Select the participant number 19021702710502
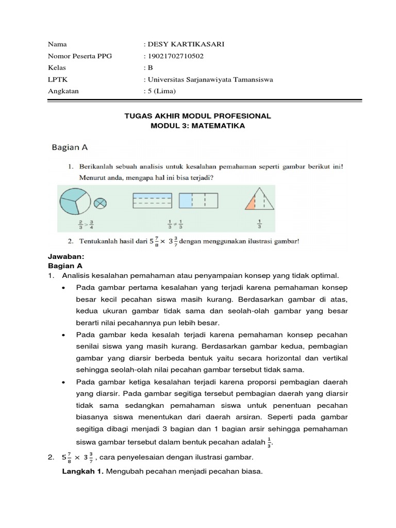(x=176, y=56)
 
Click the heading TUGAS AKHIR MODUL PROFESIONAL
(x=198, y=117)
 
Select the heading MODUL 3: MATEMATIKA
(x=198, y=126)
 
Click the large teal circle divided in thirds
(x=76, y=201)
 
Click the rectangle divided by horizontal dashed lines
(x=154, y=202)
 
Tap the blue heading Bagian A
(x=70, y=147)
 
